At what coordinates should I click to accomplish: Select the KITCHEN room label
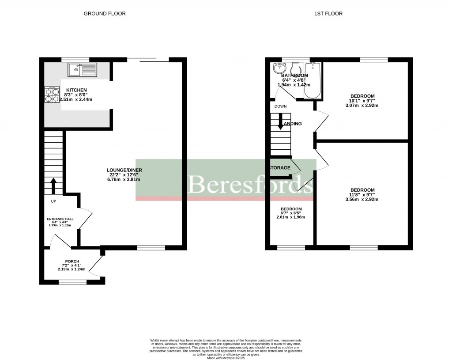click(73, 90)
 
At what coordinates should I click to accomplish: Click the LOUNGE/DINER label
click(124, 170)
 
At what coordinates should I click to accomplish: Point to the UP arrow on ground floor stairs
click(54, 186)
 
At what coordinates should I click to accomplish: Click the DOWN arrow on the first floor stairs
click(280, 121)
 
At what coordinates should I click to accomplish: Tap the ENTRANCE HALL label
click(61, 219)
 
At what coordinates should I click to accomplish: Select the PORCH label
click(72, 261)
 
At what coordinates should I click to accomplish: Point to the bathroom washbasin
click(279, 68)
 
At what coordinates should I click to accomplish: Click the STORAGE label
click(280, 168)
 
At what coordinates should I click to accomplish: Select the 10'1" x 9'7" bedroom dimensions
click(362, 101)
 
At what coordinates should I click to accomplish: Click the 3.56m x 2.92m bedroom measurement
click(362, 199)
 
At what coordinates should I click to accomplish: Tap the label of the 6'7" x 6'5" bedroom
click(291, 209)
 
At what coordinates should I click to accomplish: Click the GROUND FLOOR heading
click(105, 14)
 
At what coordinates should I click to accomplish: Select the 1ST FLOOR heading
click(328, 14)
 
